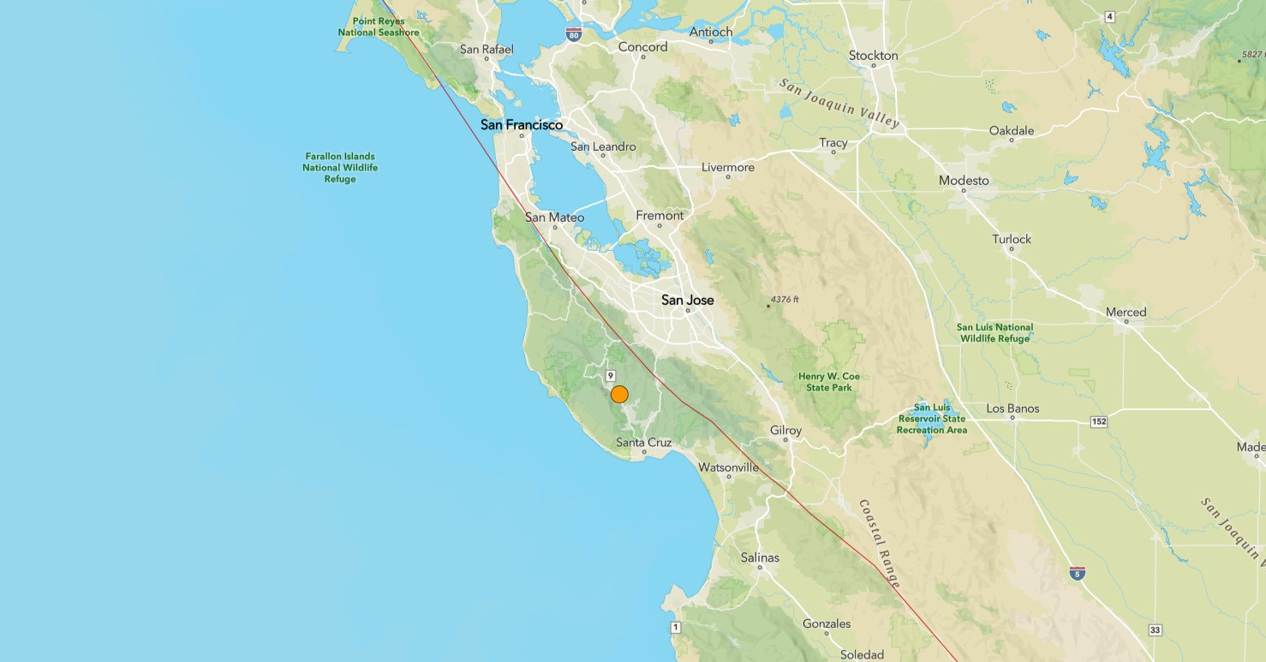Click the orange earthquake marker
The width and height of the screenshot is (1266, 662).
619,395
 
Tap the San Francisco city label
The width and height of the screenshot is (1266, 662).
522,125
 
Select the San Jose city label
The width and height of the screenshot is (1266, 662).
687,301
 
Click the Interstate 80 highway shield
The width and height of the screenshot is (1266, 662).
573,35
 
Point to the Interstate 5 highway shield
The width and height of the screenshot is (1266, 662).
1078,572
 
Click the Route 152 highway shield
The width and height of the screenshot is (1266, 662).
1099,421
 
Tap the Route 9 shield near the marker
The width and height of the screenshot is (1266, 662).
611,376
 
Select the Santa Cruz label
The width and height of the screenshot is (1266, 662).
643,443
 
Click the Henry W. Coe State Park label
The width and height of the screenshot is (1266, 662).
828,382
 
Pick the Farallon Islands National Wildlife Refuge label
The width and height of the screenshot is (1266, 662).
340,168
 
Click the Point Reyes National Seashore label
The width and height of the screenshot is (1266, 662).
379,27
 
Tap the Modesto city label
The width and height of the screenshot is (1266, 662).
964,181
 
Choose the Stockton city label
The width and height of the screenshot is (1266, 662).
873,56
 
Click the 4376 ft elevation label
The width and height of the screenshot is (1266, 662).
784,300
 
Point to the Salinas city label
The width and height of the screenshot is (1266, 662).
760,558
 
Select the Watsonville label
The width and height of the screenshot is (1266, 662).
728,468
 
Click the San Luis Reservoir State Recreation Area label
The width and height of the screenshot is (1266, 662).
932,419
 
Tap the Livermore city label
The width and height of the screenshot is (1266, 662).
727,167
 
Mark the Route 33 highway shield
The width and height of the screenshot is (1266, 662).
1155,630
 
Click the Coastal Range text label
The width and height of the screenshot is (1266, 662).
881,545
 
